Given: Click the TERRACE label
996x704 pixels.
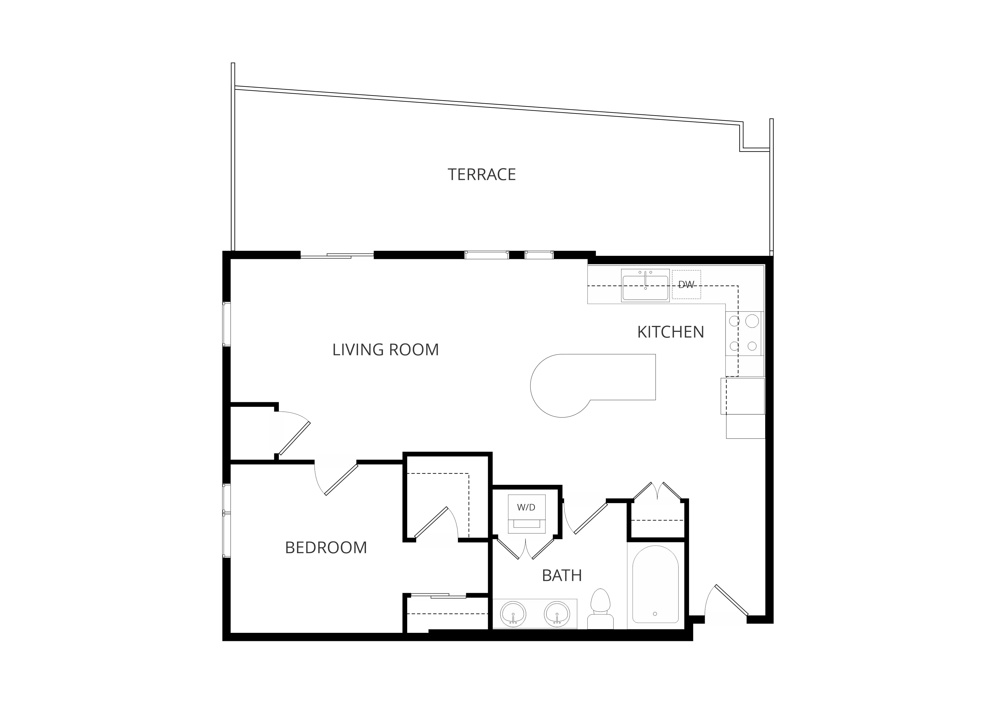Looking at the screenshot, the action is (x=482, y=174).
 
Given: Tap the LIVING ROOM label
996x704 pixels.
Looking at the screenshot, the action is (x=386, y=349).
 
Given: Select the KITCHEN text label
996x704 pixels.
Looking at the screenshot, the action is (x=670, y=332).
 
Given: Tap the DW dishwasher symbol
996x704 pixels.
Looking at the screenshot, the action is (x=686, y=284).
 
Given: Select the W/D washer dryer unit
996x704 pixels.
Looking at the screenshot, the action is (x=527, y=514).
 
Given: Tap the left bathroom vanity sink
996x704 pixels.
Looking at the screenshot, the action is (x=513, y=614).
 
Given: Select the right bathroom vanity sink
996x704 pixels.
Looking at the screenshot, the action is (x=557, y=614).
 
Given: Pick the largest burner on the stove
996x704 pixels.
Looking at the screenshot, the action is (x=752, y=321).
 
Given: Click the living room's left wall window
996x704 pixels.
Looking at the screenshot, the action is (x=227, y=324).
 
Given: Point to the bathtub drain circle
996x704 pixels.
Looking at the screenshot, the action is (x=655, y=614).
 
